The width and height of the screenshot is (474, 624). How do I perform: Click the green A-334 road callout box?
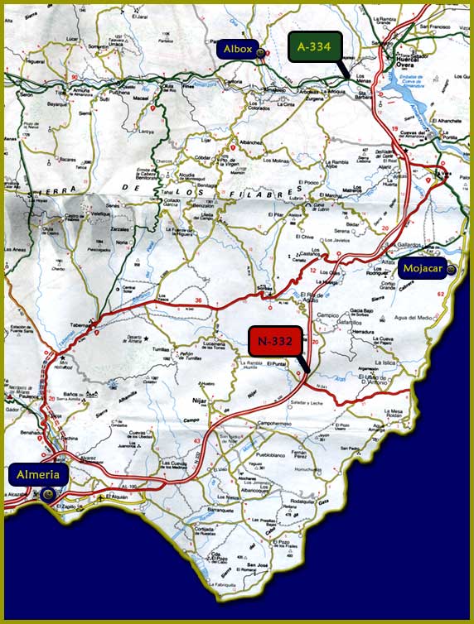(x=314, y=47)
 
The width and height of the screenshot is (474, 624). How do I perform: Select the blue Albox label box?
(x=237, y=50)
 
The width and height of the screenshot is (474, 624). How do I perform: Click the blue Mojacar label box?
(x=422, y=269)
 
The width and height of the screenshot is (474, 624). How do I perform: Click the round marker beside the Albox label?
(x=261, y=52)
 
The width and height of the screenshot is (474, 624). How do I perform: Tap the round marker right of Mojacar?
(x=451, y=269)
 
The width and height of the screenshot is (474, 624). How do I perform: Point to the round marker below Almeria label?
(x=48, y=493)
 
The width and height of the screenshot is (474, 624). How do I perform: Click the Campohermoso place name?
(x=276, y=425)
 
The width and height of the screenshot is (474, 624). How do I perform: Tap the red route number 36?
(x=198, y=300)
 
